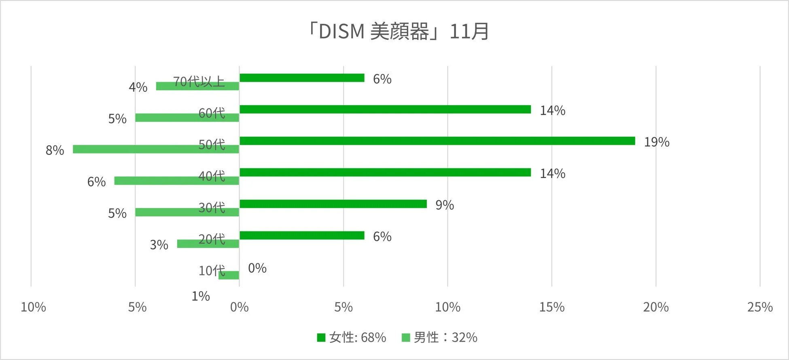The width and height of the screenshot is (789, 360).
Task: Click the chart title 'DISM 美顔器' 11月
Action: (399, 32)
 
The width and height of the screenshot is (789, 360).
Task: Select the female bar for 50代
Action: (437, 141)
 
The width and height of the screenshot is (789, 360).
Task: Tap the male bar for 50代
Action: (156, 149)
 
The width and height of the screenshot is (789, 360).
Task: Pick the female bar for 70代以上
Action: (302, 78)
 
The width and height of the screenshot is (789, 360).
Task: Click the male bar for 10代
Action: (229, 275)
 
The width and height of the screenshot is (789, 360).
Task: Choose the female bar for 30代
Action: (333, 204)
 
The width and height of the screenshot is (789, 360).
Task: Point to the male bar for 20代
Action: (208, 244)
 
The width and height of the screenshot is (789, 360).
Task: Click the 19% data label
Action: (656, 142)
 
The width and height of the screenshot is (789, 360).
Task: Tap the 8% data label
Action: (55, 150)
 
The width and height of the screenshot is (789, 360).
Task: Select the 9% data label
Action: (444, 205)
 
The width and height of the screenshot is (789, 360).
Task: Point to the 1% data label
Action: (201, 296)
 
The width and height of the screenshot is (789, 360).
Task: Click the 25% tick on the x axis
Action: (759, 307)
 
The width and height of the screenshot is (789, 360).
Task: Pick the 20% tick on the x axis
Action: (655, 307)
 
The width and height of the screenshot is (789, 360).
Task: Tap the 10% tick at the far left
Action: (33, 307)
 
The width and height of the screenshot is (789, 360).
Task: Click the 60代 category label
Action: (212, 113)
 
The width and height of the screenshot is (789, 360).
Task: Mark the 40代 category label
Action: (212, 176)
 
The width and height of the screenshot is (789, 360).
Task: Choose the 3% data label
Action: (159, 245)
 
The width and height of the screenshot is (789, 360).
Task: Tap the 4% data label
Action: (138, 87)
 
